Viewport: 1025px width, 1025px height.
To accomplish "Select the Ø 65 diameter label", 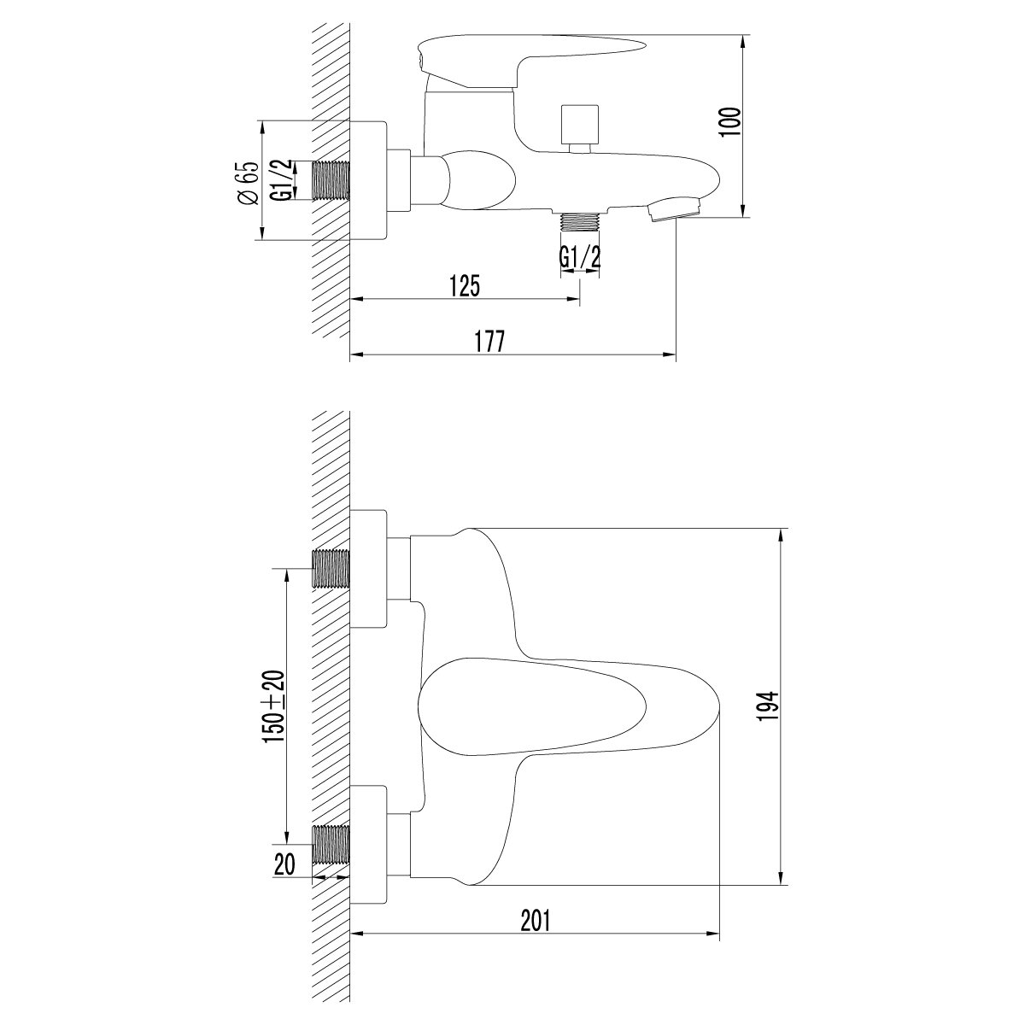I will (249, 182).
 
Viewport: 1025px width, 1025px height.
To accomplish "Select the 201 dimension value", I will (536, 921).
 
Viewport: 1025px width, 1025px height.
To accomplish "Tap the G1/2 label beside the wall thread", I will (282, 180).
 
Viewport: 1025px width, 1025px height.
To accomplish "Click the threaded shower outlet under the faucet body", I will (580, 221).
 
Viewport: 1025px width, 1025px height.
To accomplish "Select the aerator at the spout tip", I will (675, 208).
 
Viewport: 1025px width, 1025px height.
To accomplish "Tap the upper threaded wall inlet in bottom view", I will (332, 568).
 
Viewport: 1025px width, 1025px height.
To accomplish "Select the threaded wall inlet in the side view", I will (332, 180).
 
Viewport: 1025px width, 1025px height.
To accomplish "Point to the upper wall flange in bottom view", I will (369, 568).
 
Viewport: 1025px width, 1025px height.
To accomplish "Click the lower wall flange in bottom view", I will (369, 846).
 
